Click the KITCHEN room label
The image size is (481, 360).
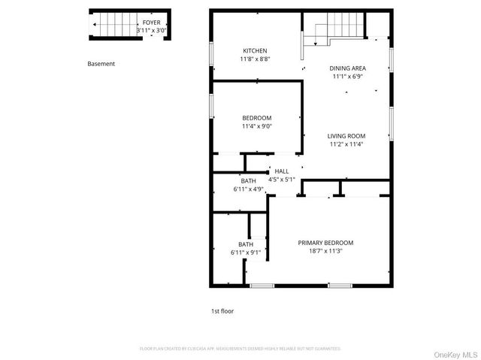254,50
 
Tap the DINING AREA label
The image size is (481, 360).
347,68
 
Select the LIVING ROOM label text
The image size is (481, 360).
346,136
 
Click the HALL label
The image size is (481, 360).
281,171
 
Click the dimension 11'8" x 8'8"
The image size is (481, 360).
255,59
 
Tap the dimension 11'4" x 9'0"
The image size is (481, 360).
256,126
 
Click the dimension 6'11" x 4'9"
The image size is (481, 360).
248,189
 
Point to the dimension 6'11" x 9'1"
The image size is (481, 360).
246,253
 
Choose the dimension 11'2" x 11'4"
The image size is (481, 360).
346,144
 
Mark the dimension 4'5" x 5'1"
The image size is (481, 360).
281,180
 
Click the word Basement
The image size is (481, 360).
101,64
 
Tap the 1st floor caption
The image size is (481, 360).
222,310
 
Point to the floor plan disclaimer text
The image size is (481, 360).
240,349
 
